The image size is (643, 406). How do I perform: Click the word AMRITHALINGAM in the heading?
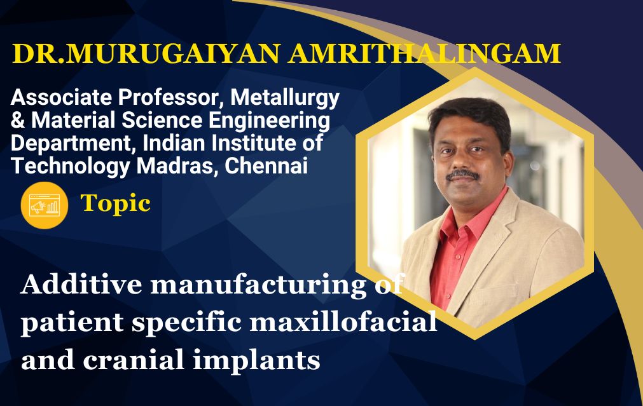(424, 53)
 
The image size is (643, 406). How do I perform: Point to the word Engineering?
(270, 121)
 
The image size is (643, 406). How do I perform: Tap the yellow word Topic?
(116, 204)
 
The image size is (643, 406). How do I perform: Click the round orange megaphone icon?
(45, 205)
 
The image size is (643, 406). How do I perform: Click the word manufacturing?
(259, 285)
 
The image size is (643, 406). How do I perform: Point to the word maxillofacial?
(343, 321)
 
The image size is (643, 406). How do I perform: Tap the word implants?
(256, 361)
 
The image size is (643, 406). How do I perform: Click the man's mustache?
(463, 175)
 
